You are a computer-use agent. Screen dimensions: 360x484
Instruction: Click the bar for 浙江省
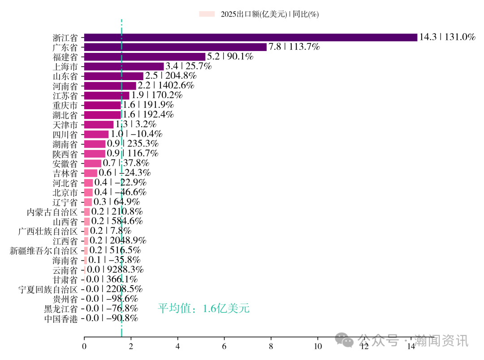coord(251,38)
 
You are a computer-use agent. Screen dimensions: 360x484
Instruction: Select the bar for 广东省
coord(175,47)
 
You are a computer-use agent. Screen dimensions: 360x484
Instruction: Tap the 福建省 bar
coord(145,57)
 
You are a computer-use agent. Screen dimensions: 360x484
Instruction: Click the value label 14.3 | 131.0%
coord(447,38)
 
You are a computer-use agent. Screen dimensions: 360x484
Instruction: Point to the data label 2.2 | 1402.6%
coord(166,86)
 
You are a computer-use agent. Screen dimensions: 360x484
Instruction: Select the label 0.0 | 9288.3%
coord(115,270)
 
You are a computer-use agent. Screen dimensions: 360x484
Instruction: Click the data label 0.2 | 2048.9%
coord(118,241)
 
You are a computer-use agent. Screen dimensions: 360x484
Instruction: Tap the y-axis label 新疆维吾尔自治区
coord(43,251)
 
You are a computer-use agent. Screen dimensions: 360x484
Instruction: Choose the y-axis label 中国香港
coord(60,319)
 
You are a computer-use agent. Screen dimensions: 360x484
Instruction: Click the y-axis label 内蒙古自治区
coord(52,212)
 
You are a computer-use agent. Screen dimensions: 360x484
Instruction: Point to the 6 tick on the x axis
coord(224,346)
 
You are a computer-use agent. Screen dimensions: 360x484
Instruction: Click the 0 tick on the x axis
coord(84,346)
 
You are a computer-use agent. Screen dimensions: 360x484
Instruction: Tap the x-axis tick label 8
coord(271,346)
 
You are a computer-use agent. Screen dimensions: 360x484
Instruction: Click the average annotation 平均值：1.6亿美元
coord(203,309)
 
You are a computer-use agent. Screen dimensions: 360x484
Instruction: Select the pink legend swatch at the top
coord(207,14)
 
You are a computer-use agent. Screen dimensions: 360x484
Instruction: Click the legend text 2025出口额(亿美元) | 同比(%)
coord(269,14)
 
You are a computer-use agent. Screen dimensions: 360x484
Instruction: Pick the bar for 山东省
coord(114,76)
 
